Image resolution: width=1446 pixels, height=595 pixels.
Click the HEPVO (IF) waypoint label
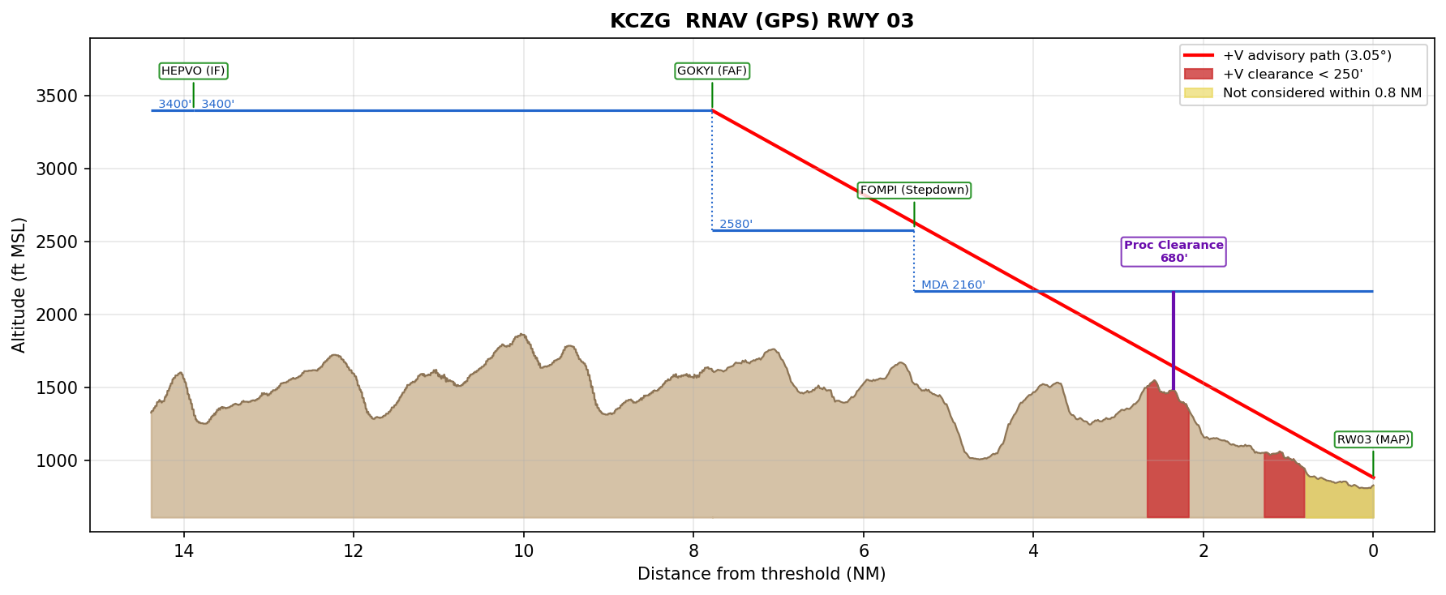click(193, 71)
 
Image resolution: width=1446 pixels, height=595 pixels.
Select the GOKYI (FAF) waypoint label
click(712, 71)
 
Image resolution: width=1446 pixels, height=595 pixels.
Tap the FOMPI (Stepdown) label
click(914, 190)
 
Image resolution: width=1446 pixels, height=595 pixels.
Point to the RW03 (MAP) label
click(1373, 440)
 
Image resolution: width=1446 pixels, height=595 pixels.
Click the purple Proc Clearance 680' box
click(1174, 252)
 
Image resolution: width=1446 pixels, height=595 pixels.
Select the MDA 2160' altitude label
click(953, 285)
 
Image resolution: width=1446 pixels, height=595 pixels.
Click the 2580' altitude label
click(736, 225)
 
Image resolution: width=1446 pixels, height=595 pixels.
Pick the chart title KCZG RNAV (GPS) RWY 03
click(762, 21)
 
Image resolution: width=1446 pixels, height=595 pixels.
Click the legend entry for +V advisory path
click(1307, 56)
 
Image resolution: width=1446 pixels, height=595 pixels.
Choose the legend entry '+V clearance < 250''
click(1292, 75)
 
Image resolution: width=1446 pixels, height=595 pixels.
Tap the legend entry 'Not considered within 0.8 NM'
click(1322, 93)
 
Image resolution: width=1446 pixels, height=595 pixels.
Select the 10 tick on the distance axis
click(523, 551)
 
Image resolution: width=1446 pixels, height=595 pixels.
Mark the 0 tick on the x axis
click(1373, 551)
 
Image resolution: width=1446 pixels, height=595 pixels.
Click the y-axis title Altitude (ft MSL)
click(19, 285)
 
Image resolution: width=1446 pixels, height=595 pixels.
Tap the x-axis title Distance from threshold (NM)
click(762, 575)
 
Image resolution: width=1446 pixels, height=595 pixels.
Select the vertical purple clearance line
click(1173, 340)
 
